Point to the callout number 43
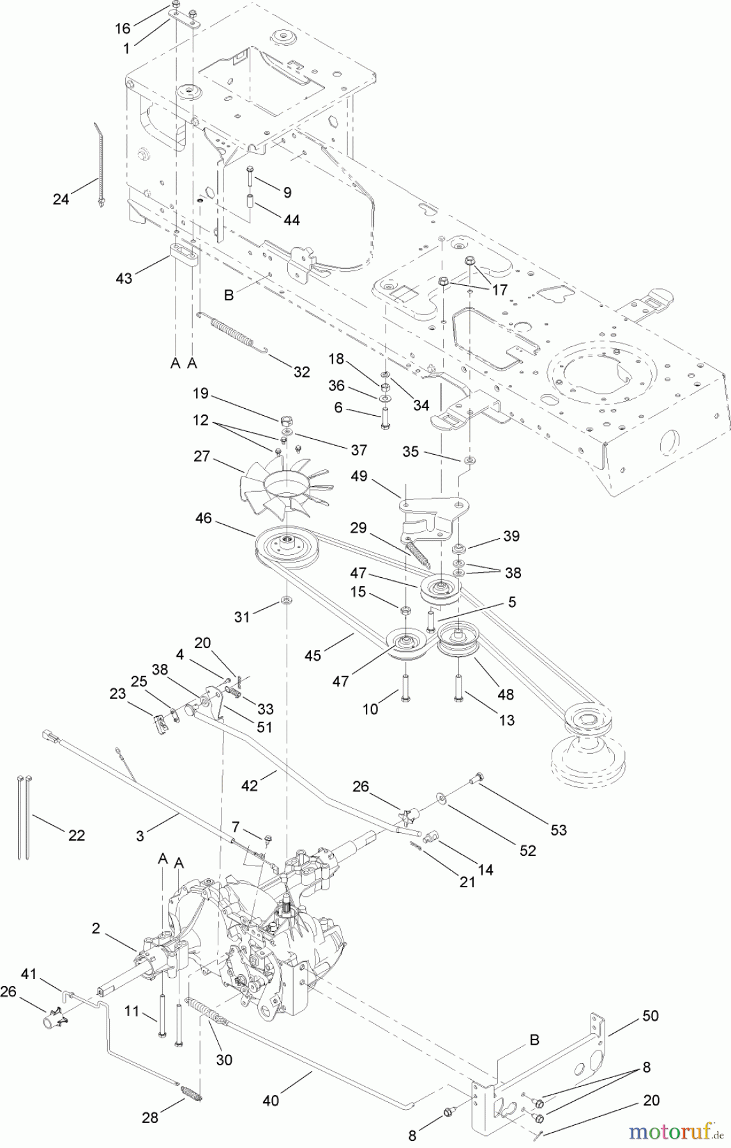pos(124,279)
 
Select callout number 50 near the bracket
pos(649,1015)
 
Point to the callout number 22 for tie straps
pos(77,835)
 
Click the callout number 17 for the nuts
pos(500,290)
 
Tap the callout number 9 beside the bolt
pos(287,191)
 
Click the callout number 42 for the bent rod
pos(250,786)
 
